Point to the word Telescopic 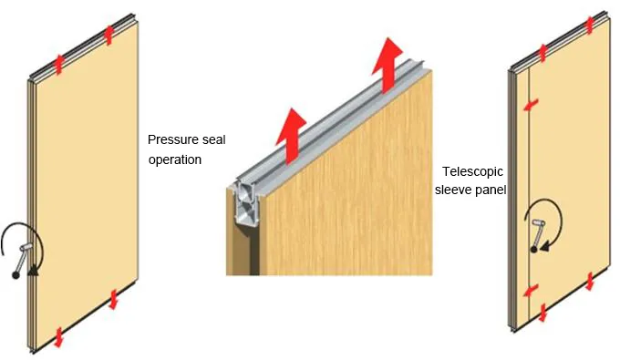click(x=472, y=171)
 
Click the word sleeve click(x=453, y=190)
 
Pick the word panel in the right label click(x=491, y=190)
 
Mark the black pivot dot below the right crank click(x=535, y=248)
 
